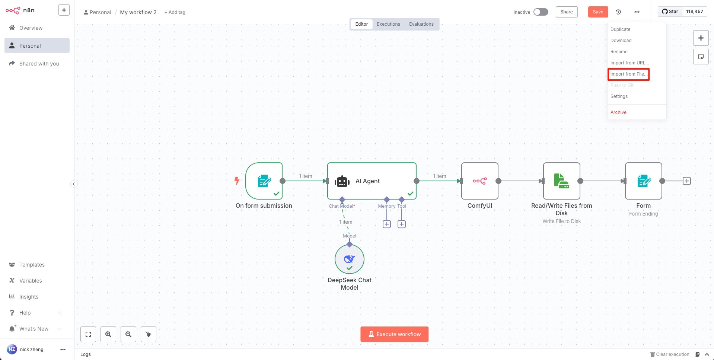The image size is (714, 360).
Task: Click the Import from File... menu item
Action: click(x=629, y=74)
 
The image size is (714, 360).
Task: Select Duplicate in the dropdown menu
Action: click(x=620, y=29)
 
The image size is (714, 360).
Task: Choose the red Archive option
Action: click(x=618, y=112)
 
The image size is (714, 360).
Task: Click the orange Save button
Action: click(x=598, y=12)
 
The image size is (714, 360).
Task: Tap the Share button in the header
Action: click(x=567, y=12)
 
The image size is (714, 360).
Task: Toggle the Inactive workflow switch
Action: click(x=541, y=12)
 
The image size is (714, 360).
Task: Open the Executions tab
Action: click(x=388, y=24)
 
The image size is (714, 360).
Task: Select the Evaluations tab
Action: click(x=421, y=24)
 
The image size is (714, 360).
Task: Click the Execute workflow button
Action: click(x=394, y=334)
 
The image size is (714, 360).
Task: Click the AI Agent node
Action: click(x=372, y=181)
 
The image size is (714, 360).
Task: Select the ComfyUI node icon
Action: click(x=480, y=181)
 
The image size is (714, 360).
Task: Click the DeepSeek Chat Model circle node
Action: click(x=350, y=259)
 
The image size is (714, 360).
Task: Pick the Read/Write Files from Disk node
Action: click(x=562, y=181)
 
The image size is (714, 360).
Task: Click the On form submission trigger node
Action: click(x=264, y=181)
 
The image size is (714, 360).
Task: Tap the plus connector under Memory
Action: click(x=387, y=224)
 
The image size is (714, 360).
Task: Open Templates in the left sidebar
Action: click(x=32, y=265)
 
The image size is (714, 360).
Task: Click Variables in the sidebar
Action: click(x=31, y=281)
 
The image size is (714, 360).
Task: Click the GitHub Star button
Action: click(x=670, y=12)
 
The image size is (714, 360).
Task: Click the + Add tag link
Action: click(x=175, y=12)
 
